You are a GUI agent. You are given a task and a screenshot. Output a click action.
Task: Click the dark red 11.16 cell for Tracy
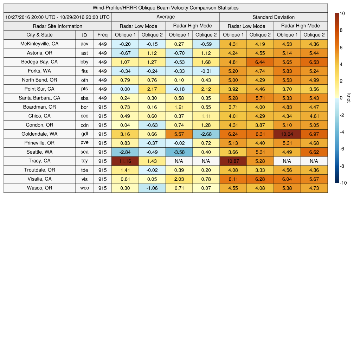[125, 161]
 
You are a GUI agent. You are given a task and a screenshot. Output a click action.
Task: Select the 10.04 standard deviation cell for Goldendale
[287, 134]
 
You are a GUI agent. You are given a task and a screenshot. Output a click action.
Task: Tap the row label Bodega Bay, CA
[39, 62]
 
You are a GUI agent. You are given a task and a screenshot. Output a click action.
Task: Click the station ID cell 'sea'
[84, 152]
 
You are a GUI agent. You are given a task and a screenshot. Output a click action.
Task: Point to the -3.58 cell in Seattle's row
[179, 152]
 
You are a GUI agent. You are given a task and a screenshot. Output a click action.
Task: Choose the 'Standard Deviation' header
[274, 17]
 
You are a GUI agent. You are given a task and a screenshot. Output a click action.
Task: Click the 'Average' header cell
[165, 17]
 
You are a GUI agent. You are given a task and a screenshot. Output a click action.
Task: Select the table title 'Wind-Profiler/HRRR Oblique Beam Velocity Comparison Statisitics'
[166, 8]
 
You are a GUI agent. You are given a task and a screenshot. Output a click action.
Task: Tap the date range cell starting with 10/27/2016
[57, 17]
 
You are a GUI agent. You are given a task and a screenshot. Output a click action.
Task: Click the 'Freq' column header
[102, 35]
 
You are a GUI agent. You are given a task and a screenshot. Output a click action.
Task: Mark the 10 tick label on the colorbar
[342, 13]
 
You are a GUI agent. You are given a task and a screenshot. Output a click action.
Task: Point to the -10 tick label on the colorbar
[343, 183]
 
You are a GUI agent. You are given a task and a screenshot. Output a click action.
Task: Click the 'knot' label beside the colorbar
[349, 98]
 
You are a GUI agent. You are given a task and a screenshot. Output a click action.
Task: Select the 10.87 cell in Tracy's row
[233, 161]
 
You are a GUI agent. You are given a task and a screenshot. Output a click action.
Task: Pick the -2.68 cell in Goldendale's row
[206, 134]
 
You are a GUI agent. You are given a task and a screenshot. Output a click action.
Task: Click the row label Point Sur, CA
[39, 89]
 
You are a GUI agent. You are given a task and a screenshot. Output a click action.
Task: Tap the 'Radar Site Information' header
[57, 26]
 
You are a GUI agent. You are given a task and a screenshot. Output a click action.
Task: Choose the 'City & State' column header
[39, 35]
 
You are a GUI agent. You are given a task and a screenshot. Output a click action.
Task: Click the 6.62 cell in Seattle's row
[314, 152]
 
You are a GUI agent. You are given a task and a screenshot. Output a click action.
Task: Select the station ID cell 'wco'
[84, 188]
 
